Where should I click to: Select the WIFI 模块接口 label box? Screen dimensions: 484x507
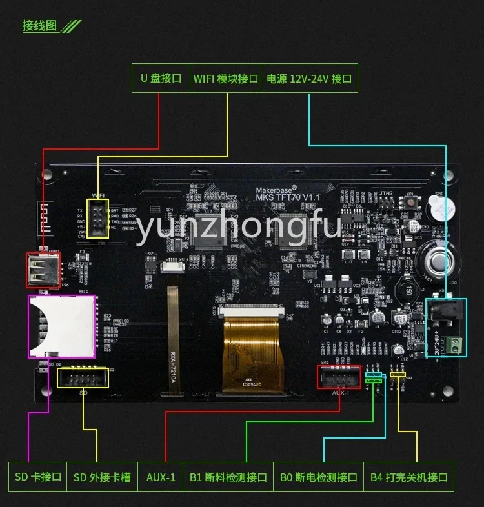click(x=226, y=79)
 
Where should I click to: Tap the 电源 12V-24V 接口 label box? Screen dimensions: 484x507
click(x=309, y=79)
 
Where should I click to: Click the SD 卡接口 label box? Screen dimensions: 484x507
click(x=37, y=477)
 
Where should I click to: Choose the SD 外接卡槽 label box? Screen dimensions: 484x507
click(x=102, y=477)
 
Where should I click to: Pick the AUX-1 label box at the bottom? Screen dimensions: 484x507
click(x=161, y=477)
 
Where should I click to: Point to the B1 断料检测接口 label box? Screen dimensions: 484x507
click(x=228, y=477)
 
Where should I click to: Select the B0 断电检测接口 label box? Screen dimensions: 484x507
click(x=318, y=477)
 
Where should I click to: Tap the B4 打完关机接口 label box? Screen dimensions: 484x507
click(x=408, y=477)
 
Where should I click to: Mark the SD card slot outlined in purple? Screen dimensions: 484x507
click(x=61, y=326)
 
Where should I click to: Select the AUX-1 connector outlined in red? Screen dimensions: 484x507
click(x=339, y=377)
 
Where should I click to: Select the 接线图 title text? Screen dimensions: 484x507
click(x=40, y=26)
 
